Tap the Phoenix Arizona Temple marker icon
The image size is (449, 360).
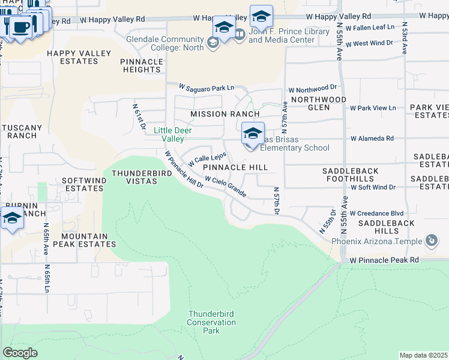pyautogui.click(x=431, y=241)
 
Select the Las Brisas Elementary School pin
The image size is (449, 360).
pyautogui.click(x=253, y=134)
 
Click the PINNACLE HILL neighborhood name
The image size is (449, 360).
pyautogui.click(x=235, y=167)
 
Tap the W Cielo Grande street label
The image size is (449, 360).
pyautogui.click(x=225, y=187)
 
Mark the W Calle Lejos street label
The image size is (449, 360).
pyautogui.click(x=207, y=160)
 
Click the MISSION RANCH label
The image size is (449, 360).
pyautogui.click(x=225, y=114)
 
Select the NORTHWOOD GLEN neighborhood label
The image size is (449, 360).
pyautogui.click(x=318, y=103)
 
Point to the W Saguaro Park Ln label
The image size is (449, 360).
pyautogui.click(x=200, y=88)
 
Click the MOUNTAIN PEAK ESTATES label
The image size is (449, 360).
pyautogui.click(x=84, y=240)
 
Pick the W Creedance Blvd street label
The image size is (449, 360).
pyautogui.click(x=376, y=214)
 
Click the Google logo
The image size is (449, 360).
pyautogui.click(x=20, y=353)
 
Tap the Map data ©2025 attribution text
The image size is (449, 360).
pyautogui.click(x=423, y=355)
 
